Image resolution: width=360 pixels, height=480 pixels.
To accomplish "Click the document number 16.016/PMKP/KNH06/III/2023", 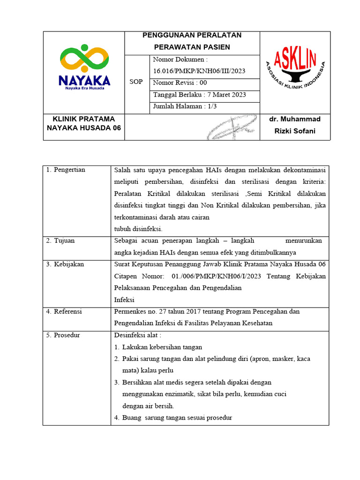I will click(199, 71).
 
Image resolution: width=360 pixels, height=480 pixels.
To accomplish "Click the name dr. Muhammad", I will click(295, 120).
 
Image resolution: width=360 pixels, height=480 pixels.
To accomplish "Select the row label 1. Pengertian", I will click(66, 170).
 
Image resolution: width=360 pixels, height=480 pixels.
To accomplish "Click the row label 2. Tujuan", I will click(60, 240).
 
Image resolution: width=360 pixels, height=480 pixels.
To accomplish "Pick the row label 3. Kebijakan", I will click(65, 264).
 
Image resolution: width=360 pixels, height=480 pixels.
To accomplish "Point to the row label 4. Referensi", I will click(64, 311).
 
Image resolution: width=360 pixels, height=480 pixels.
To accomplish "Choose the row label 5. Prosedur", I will click(63, 335).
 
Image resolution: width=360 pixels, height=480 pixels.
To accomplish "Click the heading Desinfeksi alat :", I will click(138, 335).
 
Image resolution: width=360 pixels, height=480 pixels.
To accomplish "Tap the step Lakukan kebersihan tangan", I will click(162, 347).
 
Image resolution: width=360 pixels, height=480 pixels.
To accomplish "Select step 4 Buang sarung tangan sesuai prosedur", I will click(177, 418).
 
